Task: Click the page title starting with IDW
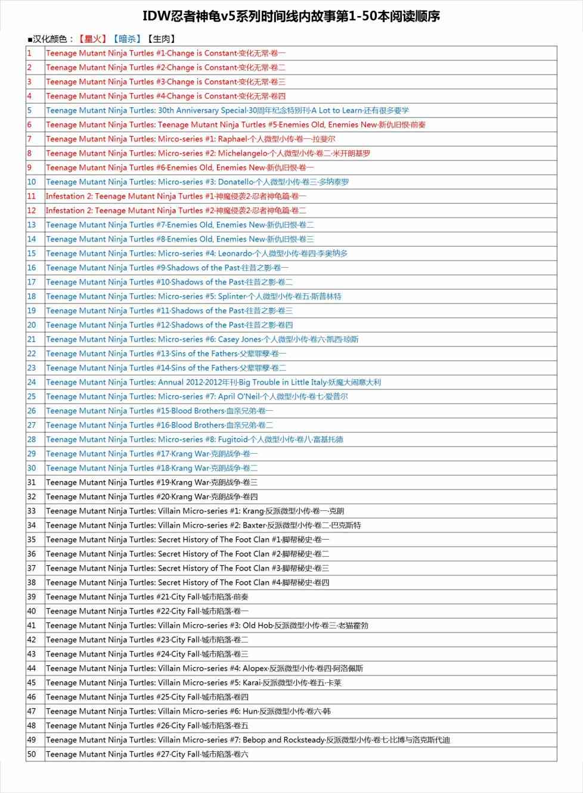tap(291, 16)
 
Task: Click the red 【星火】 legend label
tap(92, 39)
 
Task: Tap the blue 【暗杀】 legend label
tap(127, 39)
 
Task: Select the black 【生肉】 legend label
tap(161, 39)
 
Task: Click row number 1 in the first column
tap(29, 53)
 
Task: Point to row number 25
tap(32, 396)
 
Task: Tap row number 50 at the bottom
tap(32, 754)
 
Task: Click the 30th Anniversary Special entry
tap(227, 110)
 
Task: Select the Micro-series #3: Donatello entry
tap(197, 182)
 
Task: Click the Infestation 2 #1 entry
tap(176, 196)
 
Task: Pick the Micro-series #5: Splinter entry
tap(194, 296)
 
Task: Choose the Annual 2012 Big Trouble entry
tap(213, 382)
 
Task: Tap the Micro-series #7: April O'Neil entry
tap(197, 396)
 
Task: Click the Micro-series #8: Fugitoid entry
tap(194, 439)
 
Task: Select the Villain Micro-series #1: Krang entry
tap(195, 511)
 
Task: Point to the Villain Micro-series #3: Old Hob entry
tap(207, 625)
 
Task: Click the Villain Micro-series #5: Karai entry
tap(194, 683)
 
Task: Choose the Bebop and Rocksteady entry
tap(248, 740)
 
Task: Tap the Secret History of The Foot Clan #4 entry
tap(187, 583)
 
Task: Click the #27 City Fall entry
tap(147, 754)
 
